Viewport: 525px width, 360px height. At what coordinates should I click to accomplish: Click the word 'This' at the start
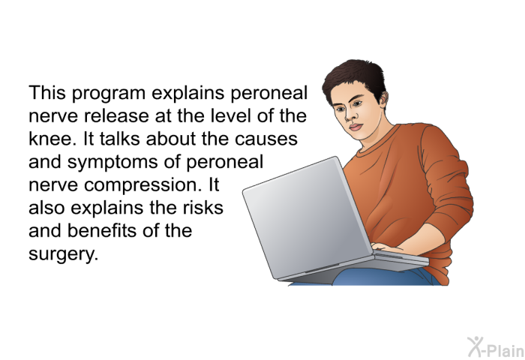[x=46, y=92]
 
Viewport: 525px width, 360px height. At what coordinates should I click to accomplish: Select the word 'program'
[x=109, y=94]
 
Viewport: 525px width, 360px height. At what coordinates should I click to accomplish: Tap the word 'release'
[x=116, y=115]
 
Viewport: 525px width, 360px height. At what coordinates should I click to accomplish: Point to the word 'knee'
[x=49, y=138]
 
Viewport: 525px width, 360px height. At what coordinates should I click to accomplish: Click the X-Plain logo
[x=496, y=347]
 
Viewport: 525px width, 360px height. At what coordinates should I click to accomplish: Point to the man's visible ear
[x=384, y=98]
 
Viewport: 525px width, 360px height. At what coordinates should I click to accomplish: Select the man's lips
[x=355, y=127]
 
